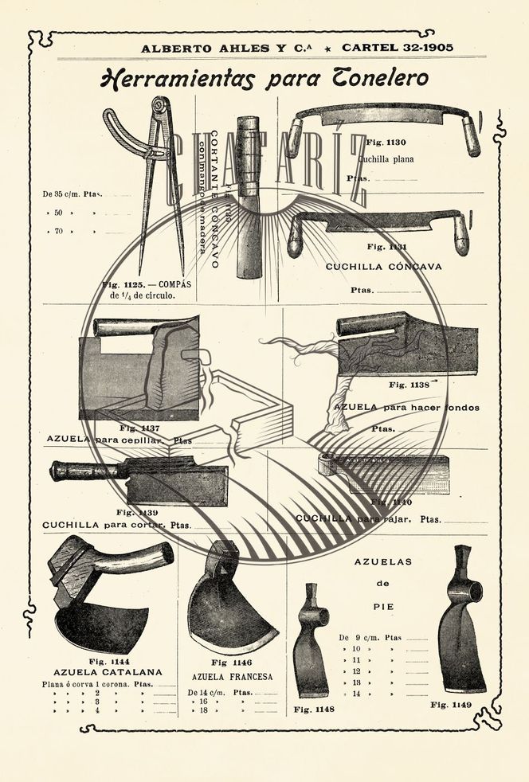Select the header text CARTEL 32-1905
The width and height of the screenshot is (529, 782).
tap(398, 48)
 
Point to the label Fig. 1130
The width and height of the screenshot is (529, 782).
tap(386, 142)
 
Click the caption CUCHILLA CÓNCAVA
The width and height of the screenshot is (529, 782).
tap(383, 267)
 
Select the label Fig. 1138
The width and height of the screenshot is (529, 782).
tap(409, 385)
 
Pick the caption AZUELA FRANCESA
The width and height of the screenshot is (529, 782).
tap(231, 677)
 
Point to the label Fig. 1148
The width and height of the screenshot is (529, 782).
tap(313, 709)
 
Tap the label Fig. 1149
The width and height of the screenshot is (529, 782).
tap(451, 705)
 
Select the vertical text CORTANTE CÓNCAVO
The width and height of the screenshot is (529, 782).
tap(216, 199)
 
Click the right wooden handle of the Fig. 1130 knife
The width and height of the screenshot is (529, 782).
tap(472, 135)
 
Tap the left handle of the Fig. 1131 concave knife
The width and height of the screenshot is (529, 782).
tap(296, 236)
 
